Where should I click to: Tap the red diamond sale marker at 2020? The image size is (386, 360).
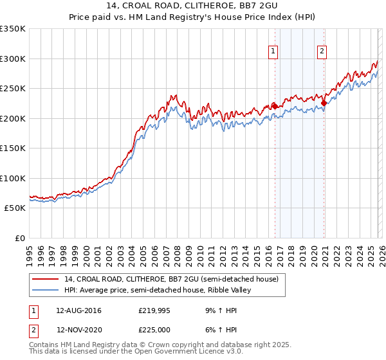[x=324, y=103]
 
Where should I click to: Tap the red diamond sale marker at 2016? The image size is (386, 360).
[x=275, y=106]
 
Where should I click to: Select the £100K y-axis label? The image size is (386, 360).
[x=13, y=179]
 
